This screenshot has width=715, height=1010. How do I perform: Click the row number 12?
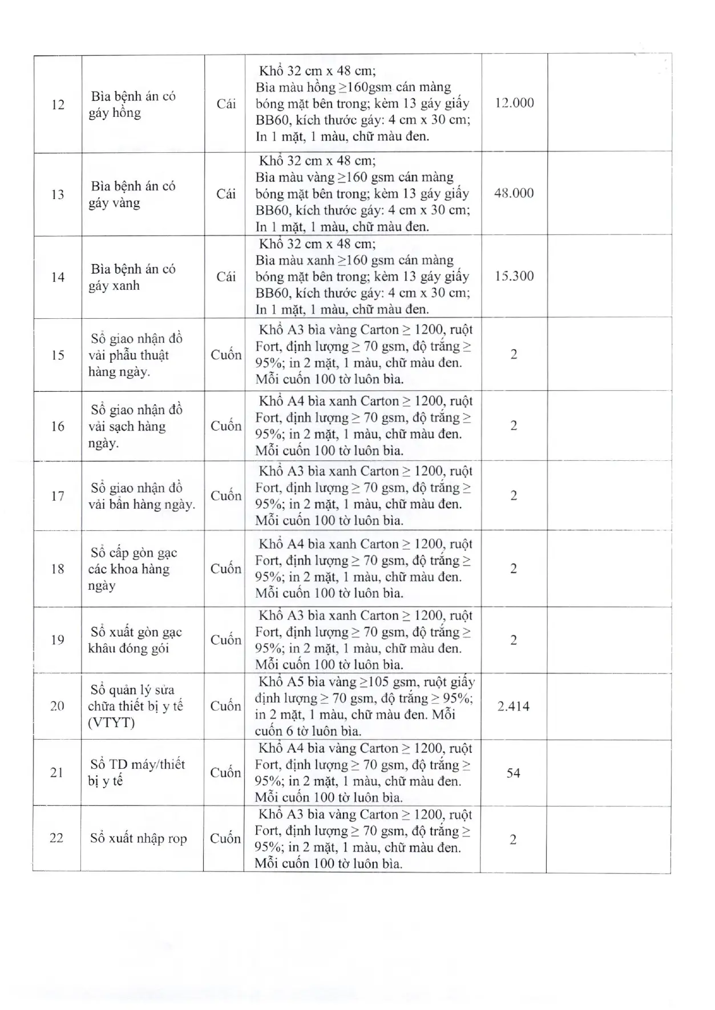pyautogui.click(x=58, y=105)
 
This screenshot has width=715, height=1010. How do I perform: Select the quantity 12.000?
pyautogui.click(x=514, y=103)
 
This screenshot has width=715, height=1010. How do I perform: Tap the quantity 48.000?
pyautogui.click(x=514, y=193)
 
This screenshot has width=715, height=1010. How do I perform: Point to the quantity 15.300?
pyautogui.click(x=514, y=277)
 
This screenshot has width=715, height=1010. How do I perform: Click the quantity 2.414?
pyautogui.click(x=513, y=707)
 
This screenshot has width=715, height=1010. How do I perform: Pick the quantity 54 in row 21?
pyautogui.click(x=513, y=773)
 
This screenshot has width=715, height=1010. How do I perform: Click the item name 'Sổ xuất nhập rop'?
pyautogui.click(x=138, y=839)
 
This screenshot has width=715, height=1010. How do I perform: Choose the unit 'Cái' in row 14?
pyautogui.click(x=226, y=277)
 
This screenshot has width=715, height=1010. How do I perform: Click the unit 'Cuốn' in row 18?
pyautogui.click(x=226, y=569)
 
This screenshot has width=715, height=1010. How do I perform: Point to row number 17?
pyautogui.click(x=58, y=496)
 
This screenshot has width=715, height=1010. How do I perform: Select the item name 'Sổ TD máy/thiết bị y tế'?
pyautogui.click(x=136, y=773)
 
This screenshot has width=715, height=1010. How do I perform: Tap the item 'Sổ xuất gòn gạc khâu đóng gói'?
pyautogui.click(x=135, y=640)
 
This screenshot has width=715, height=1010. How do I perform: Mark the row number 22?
pyautogui.click(x=56, y=839)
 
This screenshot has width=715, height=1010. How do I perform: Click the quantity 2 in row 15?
pyautogui.click(x=514, y=355)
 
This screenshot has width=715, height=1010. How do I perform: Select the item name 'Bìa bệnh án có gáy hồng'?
pyautogui.click(x=132, y=104)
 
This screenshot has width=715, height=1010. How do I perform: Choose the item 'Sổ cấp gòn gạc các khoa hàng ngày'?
pyautogui.click(x=132, y=569)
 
